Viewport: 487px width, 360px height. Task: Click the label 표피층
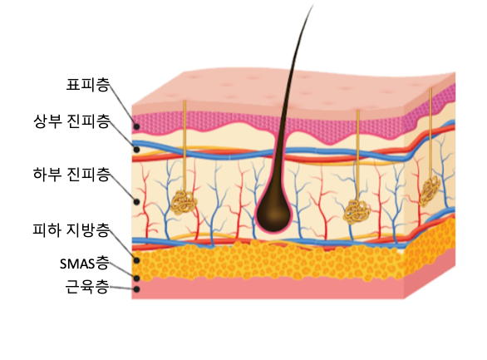[x=88, y=85]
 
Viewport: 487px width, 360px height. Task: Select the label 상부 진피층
[x=71, y=121]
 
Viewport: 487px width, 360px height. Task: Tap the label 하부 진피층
[x=71, y=175]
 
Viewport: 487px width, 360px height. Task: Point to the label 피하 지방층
[x=71, y=229]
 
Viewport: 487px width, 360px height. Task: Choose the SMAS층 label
[x=85, y=264]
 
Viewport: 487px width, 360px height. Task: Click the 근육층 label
[x=87, y=286]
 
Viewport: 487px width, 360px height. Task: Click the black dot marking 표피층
[x=136, y=126]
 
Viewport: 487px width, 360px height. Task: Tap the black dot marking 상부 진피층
[x=136, y=150]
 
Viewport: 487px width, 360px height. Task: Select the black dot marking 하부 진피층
[x=136, y=201]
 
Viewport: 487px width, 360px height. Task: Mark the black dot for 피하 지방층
[x=136, y=260]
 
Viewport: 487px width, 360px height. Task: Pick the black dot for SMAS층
[x=136, y=279]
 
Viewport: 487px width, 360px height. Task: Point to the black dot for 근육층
[x=136, y=289]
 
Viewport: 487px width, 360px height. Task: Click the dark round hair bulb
[x=273, y=214]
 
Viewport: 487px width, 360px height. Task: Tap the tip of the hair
[x=312, y=5]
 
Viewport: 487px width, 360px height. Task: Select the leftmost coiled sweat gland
[x=184, y=203]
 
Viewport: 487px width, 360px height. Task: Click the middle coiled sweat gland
[x=357, y=212]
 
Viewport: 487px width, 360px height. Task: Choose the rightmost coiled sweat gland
[x=430, y=190]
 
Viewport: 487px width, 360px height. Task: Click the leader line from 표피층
[x=122, y=105]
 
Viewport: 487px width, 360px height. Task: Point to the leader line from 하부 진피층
[x=123, y=187]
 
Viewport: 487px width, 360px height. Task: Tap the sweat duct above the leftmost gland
[x=184, y=146]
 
